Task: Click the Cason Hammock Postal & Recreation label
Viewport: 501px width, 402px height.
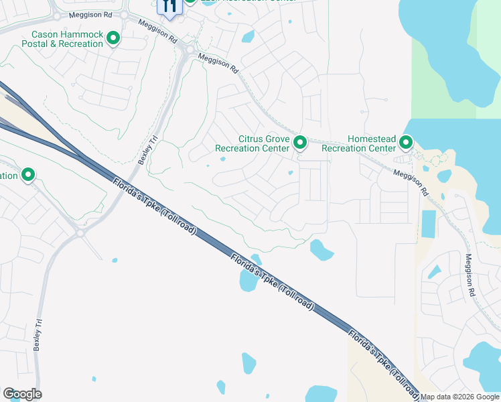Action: (x=67, y=40)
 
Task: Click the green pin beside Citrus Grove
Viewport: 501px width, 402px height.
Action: (x=300, y=143)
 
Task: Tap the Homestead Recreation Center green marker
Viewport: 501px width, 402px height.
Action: (x=406, y=143)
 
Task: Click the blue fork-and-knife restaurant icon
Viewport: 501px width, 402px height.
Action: (x=169, y=6)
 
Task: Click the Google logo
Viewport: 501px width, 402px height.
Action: (x=22, y=394)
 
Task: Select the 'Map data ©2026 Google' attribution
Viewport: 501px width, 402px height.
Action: (x=459, y=397)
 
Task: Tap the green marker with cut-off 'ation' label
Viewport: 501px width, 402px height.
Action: (x=28, y=176)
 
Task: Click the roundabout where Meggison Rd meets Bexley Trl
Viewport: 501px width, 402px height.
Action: (x=190, y=52)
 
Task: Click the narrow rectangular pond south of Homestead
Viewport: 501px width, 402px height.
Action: (x=428, y=226)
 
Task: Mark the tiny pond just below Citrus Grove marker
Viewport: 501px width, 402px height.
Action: (x=291, y=173)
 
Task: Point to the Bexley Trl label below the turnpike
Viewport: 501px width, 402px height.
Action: (x=38, y=333)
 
